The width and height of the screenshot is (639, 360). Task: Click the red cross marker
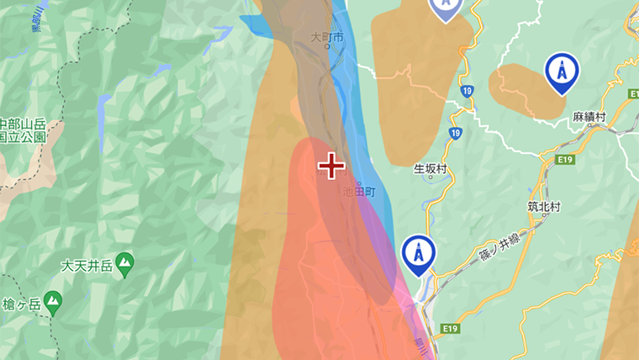[x=331, y=166]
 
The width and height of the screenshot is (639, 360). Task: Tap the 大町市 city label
[x=327, y=38]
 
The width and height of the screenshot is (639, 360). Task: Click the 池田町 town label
[x=363, y=192]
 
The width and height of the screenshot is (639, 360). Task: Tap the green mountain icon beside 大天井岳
[x=124, y=263]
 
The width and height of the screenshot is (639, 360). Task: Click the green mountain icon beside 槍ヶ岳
[x=53, y=299]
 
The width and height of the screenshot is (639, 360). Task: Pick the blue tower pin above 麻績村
[x=562, y=72]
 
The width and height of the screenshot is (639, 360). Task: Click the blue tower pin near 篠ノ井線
[x=418, y=253]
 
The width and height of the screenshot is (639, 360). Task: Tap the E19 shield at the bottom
[x=450, y=328]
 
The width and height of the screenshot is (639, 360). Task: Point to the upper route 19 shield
[x=467, y=90]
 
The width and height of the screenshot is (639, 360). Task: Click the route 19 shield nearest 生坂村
[x=455, y=133]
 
